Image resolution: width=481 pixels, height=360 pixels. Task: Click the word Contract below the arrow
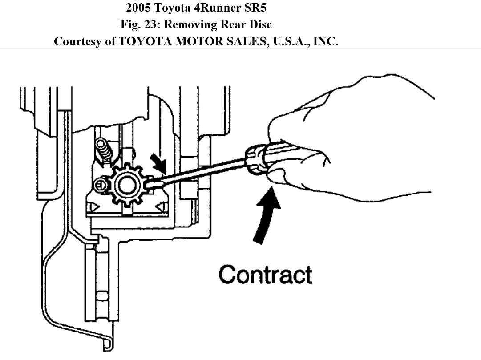pyautogui.click(x=265, y=275)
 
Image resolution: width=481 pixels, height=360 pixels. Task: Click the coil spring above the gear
pyautogui.click(x=103, y=151)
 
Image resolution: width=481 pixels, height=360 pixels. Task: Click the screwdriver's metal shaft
pyautogui.click(x=200, y=171)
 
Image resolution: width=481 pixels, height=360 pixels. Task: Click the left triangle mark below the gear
pyautogui.click(x=93, y=207)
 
